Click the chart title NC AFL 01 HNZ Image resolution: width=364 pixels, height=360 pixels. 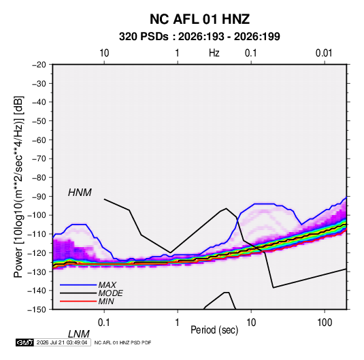pyautogui.click(x=199, y=19)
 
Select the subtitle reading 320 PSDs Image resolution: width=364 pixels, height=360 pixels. pyautogui.click(x=144, y=37)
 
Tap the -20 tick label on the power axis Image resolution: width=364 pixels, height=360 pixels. pyautogui.click(x=39, y=65)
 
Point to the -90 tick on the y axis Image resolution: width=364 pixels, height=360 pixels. pyautogui.click(x=39, y=196)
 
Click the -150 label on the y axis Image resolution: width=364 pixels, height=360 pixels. pyautogui.click(x=37, y=310)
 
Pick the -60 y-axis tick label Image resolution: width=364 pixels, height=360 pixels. pyautogui.click(x=39, y=140)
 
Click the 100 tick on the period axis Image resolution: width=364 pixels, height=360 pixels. pyautogui.click(x=325, y=323)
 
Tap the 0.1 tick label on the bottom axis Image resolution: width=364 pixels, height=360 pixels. pyautogui.click(x=104, y=323)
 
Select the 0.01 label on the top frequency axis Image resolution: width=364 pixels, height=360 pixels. pyautogui.click(x=324, y=53)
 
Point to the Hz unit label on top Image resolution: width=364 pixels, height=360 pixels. pyautogui.click(x=214, y=53)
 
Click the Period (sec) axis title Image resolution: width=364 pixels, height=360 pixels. pyautogui.click(x=214, y=330)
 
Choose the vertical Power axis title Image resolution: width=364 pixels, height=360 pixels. pyautogui.click(x=18, y=187)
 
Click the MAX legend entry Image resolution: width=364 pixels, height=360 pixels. pyautogui.click(x=107, y=285)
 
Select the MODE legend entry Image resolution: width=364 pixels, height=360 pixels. pyautogui.click(x=110, y=293)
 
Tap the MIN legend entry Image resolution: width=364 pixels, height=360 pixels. pyautogui.click(x=106, y=301)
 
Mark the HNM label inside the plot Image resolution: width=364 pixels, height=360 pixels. pyautogui.click(x=80, y=193)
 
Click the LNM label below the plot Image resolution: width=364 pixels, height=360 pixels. pyautogui.click(x=78, y=334)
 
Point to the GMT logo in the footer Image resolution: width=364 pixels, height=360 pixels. pyautogui.click(x=24, y=342)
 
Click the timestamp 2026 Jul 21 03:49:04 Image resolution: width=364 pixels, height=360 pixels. pyautogui.click(x=62, y=342)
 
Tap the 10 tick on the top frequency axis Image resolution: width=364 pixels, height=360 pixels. pyautogui.click(x=104, y=53)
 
